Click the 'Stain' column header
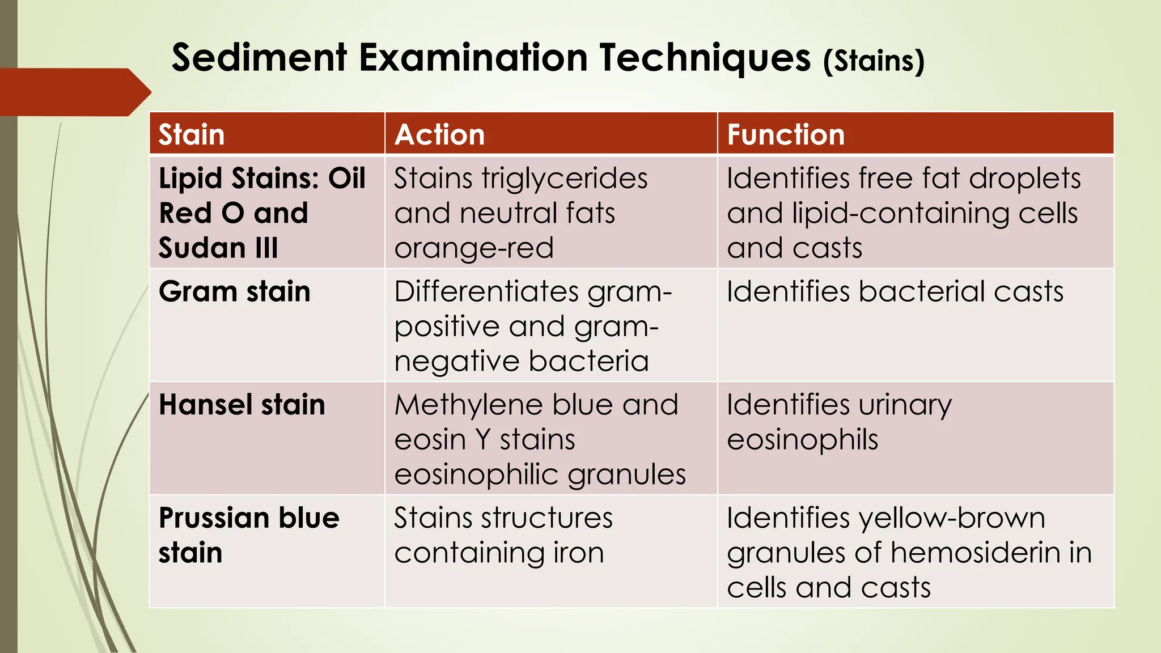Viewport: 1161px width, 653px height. click(x=192, y=135)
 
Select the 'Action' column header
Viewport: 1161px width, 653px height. click(x=439, y=135)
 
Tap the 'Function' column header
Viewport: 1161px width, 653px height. click(x=786, y=135)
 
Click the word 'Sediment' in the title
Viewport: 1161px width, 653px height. click(x=260, y=58)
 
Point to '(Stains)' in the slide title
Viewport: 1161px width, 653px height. click(x=874, y=61)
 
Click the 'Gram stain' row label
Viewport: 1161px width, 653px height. click(x=235, y=292)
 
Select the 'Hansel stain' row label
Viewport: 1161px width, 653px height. click(x=242, y=405)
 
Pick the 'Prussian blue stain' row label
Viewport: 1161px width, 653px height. click(x=249, y=535)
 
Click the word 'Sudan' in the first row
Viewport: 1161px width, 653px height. click(x=202, y=248)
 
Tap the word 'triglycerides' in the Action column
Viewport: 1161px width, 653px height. click(x=565, y=179)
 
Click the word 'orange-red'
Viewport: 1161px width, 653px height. click(x=474, y=248)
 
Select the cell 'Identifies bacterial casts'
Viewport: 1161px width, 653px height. click(x=895, y=292)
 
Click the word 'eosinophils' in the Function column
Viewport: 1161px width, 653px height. click(x=802, y=440)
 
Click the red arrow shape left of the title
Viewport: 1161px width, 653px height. click(x=74, y=92)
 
